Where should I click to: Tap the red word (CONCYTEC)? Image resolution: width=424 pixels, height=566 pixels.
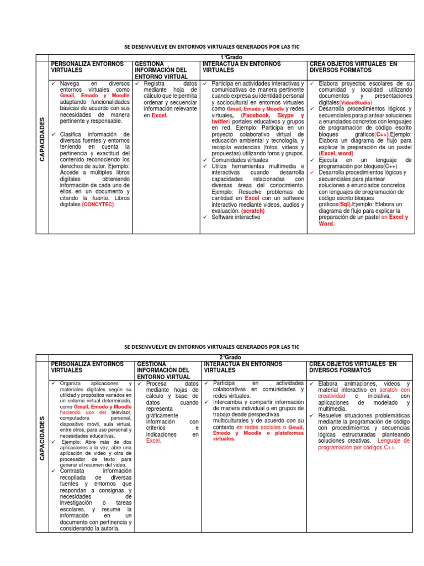tap(99, 204)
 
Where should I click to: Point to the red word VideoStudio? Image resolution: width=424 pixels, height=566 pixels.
tap(357, 103)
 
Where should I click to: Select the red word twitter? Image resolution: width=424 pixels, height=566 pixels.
tap(220, 121)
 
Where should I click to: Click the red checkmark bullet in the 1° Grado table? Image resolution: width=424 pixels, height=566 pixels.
tap(312, 172)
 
